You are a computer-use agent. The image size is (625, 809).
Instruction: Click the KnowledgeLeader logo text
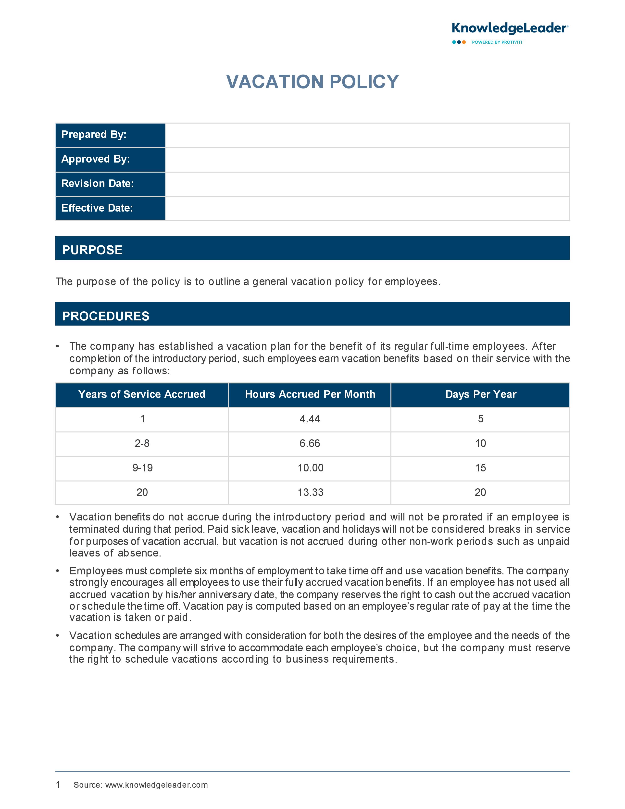tap(510, 28)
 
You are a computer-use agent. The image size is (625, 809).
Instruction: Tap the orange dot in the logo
tap(464, 42)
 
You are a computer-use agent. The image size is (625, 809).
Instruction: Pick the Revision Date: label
tap(97, 184)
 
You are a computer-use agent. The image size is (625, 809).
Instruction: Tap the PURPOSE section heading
tap(92, 250)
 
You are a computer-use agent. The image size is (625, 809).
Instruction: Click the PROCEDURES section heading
tap(106, 316)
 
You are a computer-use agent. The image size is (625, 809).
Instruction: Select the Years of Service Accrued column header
tap(142, 394)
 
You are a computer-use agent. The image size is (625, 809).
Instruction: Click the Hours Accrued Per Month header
tap(310, 394)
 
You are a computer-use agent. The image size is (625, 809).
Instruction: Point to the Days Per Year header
tap(481, 394)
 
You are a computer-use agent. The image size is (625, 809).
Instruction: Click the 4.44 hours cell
tap(310, 419)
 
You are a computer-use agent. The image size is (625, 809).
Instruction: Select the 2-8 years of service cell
tap(142, 443)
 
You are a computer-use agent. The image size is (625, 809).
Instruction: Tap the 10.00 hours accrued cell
tap(310, 468)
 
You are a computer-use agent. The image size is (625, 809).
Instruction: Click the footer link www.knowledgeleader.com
tap(157, 785)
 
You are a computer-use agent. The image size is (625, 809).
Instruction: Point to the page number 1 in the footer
tap(58, 784)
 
